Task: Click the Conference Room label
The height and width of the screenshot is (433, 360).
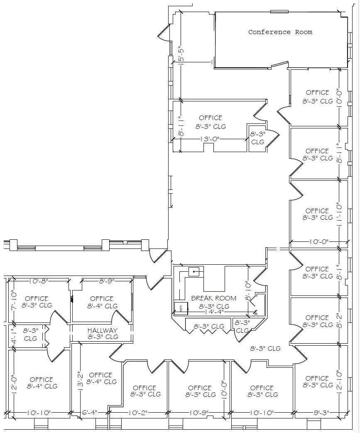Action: tap(280, 32)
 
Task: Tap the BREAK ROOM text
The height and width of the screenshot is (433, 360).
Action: tap(213, 298)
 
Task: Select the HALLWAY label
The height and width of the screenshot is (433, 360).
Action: tap(102, 330)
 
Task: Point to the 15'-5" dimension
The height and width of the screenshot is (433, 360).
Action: tap(181, 54)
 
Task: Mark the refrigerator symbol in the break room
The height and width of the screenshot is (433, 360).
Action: tap(181, 308)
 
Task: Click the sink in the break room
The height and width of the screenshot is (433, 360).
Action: tap(194, 272)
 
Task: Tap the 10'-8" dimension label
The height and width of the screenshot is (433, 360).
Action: tap(39, 281)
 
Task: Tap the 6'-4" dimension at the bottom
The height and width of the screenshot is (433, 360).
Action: tap(90, 413)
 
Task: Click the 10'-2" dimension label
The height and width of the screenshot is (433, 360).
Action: tap(137, 413)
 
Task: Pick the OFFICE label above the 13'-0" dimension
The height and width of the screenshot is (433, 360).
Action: tap(211, 118)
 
